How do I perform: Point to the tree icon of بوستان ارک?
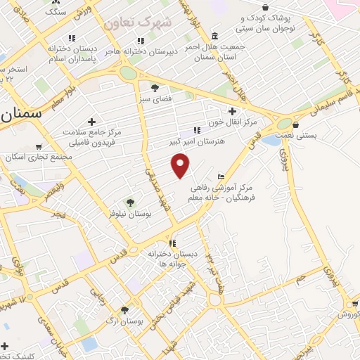(x=124, y=310)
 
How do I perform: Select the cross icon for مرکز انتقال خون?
(x=232, y=110)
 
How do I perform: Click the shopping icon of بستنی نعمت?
(x=304, y=125)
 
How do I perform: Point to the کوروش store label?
(x=348, y=314)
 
